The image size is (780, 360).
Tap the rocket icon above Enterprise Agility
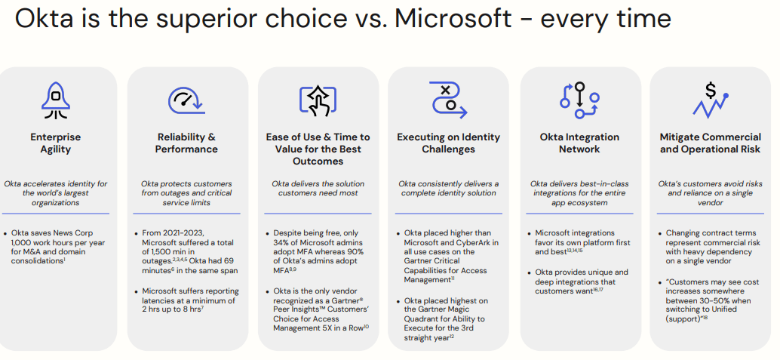pyautogui.click(x=56, y=101)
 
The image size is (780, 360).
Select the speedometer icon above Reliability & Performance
pyautogui.click(x=186, y=100)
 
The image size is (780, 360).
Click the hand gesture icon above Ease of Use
pyautogui.click(x=318, y=101)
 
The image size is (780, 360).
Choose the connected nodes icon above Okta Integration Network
pyautogui.click(x=579, y=100)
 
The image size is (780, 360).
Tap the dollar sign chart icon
pyautogui.click(x=710, y=101)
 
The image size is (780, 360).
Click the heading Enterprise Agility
pyautogui.click(x=56, y=143)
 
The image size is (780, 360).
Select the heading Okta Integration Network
pyautogui.click(x=579, y=143)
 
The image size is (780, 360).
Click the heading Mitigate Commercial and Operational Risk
pyautogui.click(x=710, y=143)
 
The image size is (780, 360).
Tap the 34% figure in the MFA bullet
pyautogui.click(x=284, y=243)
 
